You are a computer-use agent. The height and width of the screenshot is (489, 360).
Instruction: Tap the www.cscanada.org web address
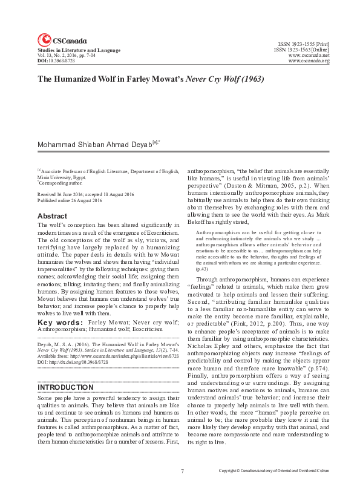click(x=309, y=61)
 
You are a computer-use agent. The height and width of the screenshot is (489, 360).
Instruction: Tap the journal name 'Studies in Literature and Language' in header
click(x=79, y=50)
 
